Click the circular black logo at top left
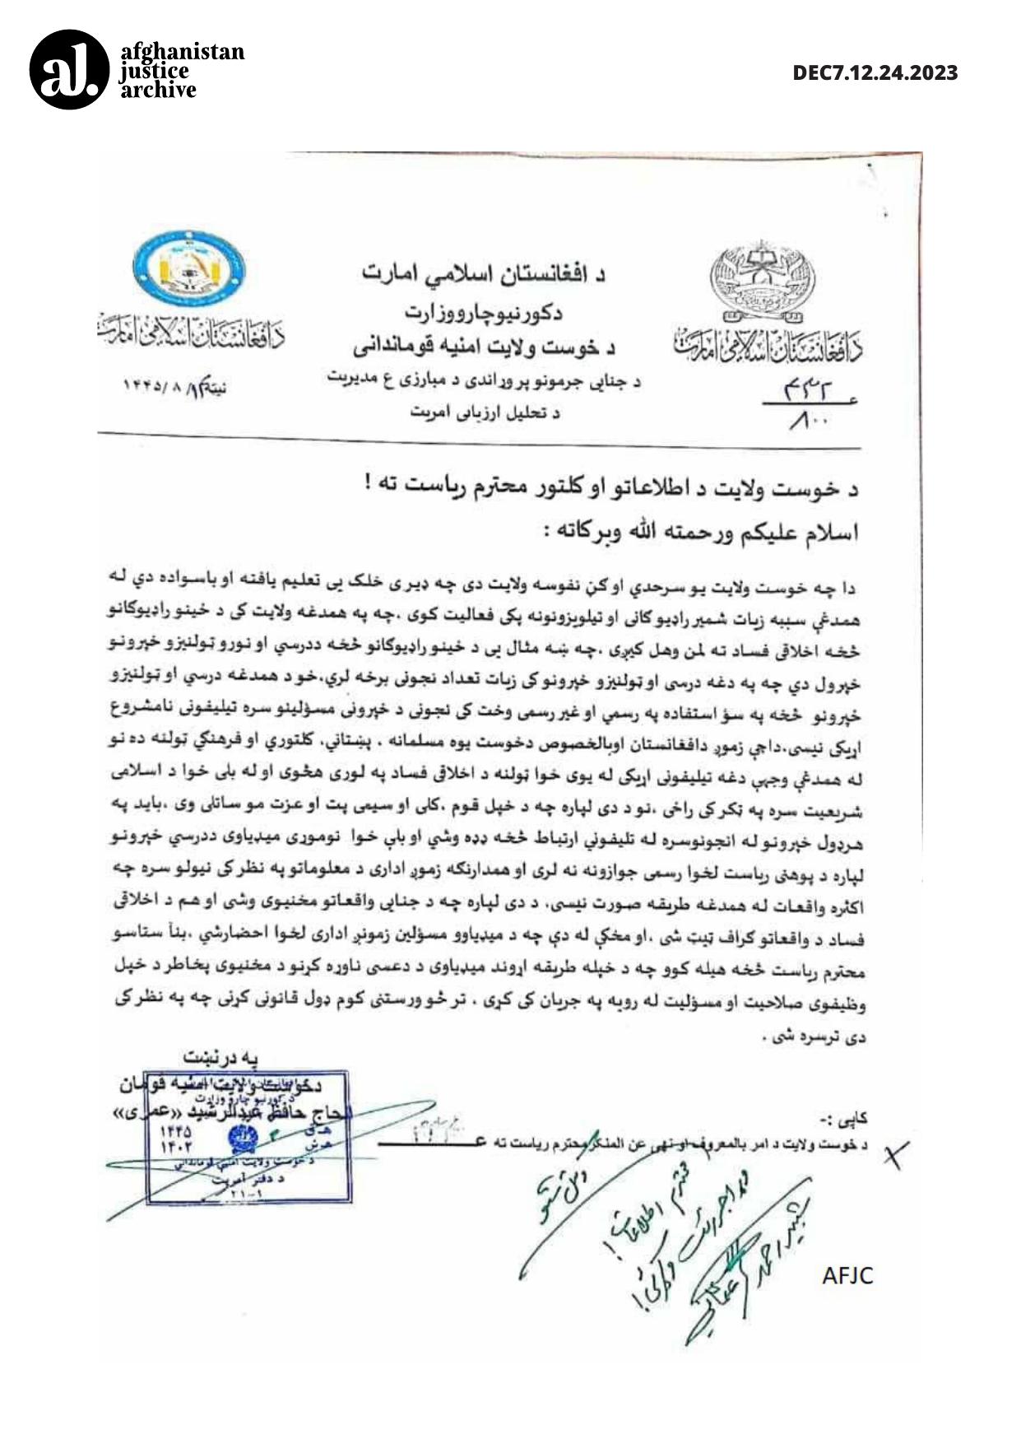click(69, 69)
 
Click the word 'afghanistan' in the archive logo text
click(182, 52)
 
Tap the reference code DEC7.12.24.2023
click(875, 72)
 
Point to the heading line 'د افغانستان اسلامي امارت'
click(485, 274)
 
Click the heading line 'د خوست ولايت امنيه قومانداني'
click(485, 347)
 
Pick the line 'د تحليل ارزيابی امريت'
click(485, 412)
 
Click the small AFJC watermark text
click(847, 1276)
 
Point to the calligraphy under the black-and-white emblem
click(768, 346)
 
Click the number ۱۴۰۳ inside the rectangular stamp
click(176, 1146)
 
